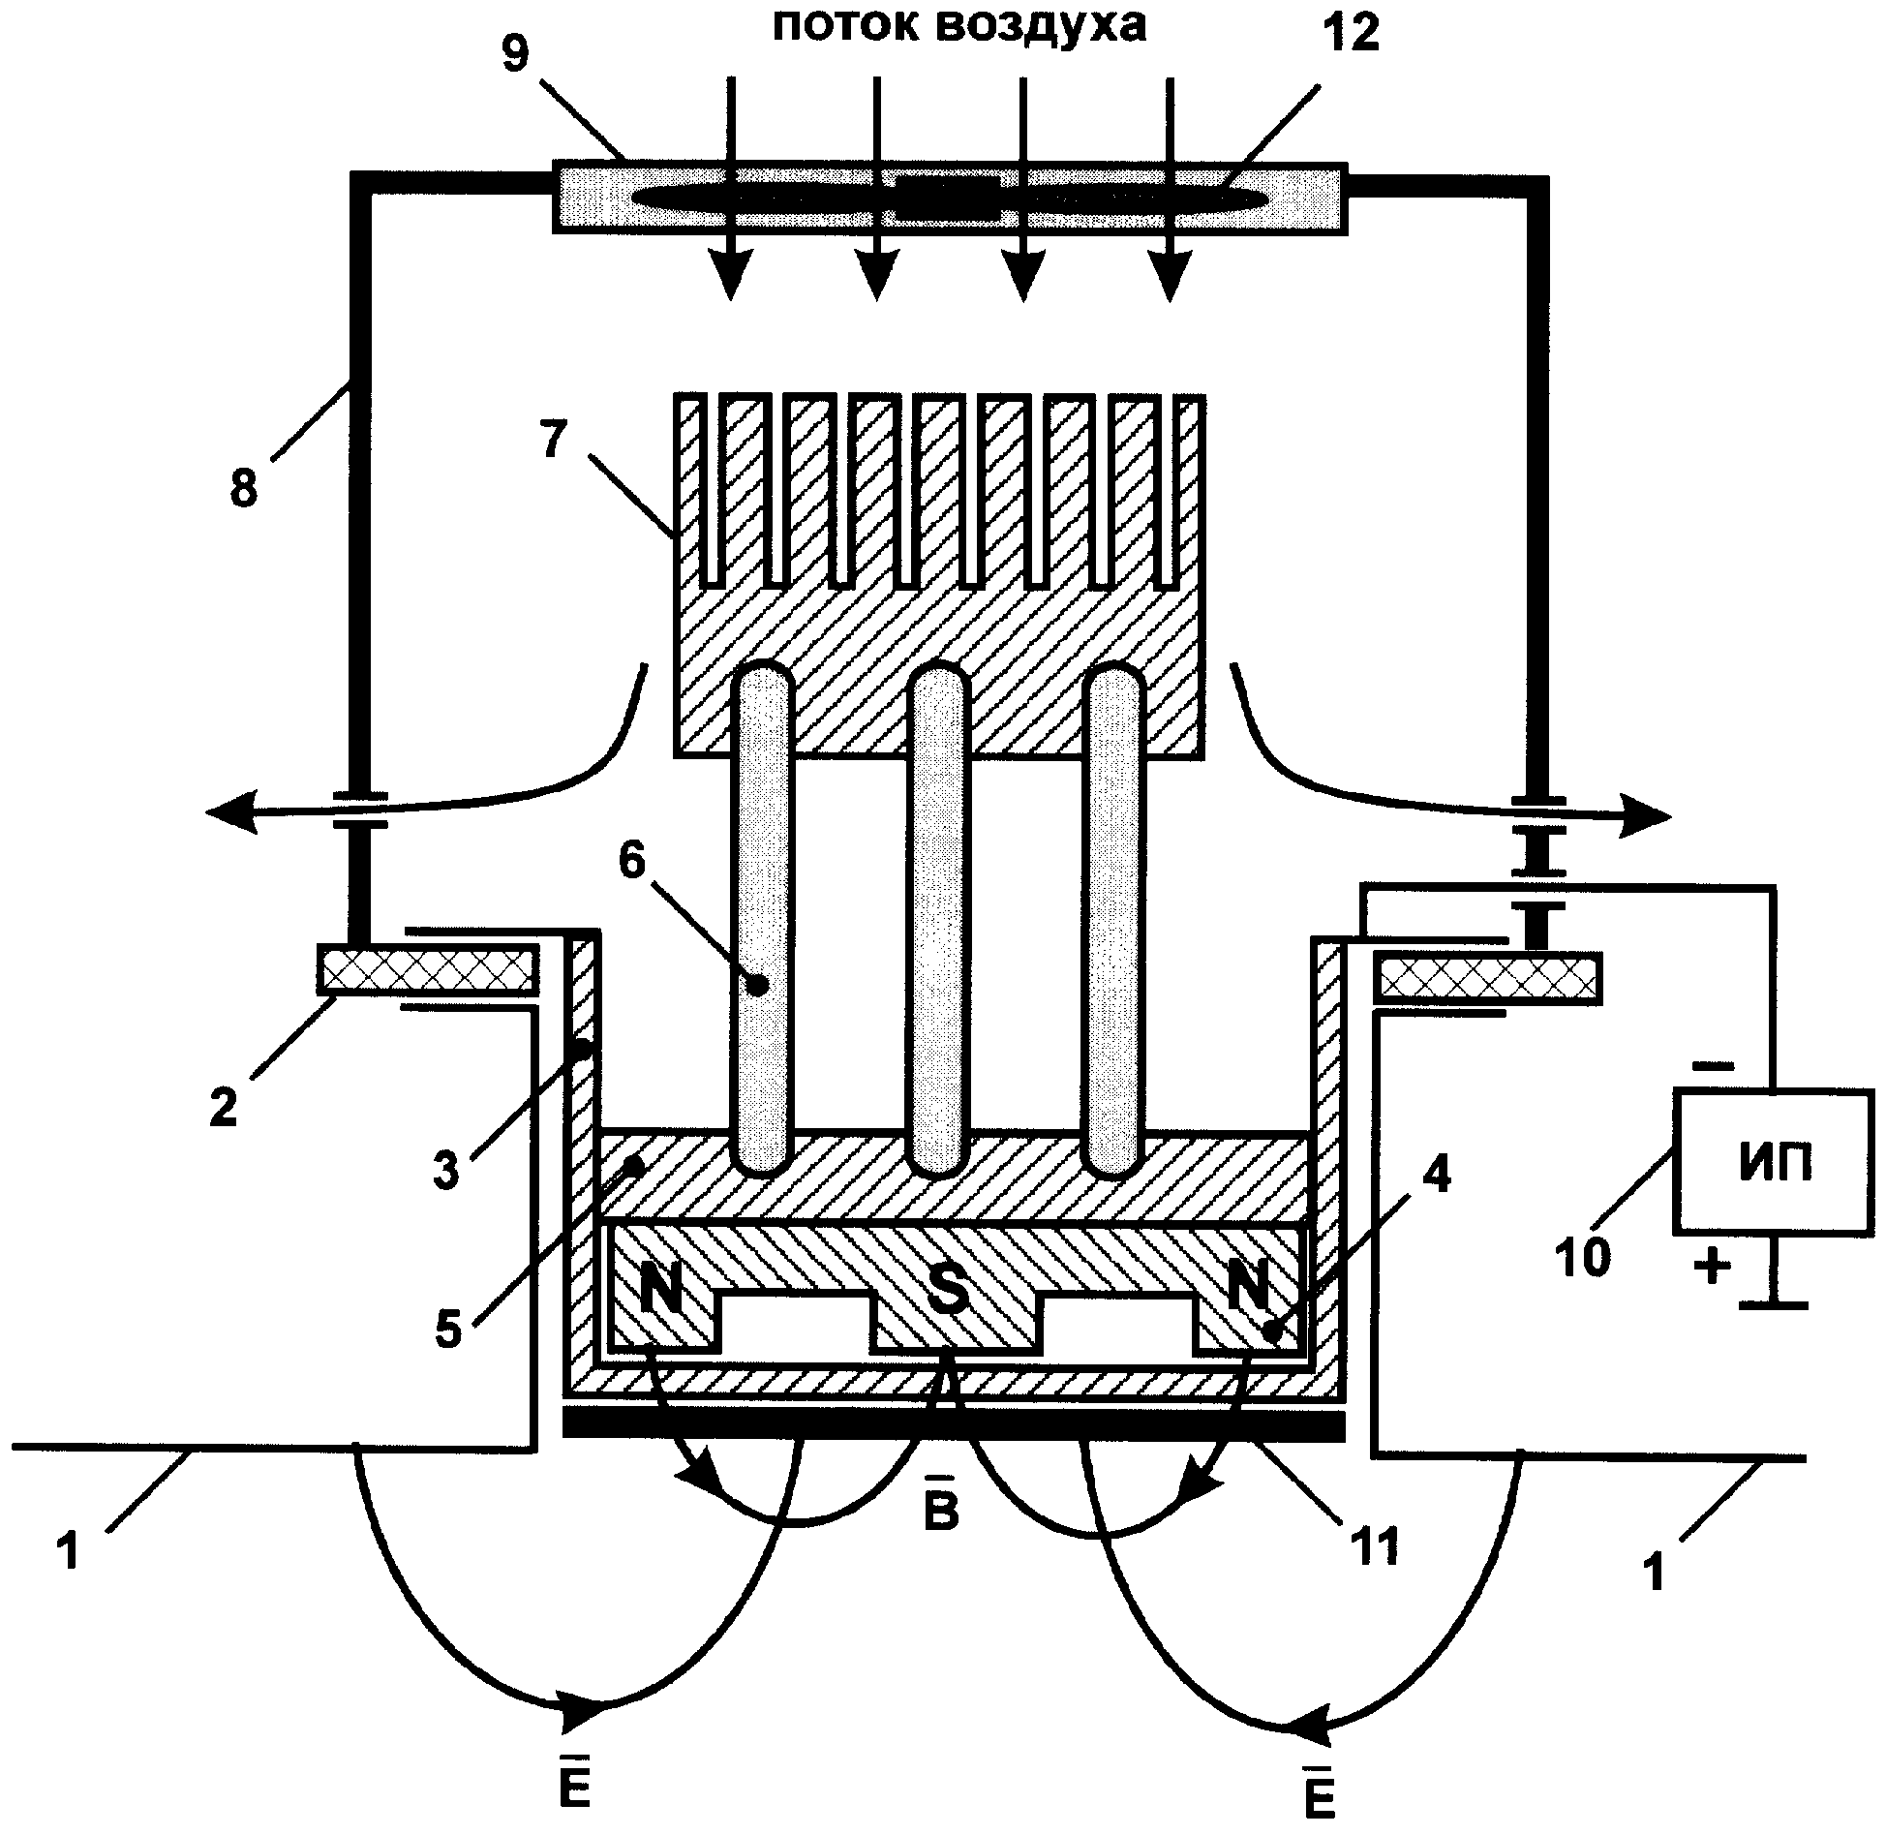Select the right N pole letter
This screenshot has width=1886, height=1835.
click(1249, 1289)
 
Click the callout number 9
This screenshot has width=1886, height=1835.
click(516, 54)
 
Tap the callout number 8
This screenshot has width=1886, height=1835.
click(244, 489)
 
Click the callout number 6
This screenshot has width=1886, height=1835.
click(631, 860)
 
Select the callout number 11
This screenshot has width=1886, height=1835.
click(1375, 1548)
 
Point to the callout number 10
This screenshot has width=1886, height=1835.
click(1585, 1258)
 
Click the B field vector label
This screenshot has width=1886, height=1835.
click(941, 1512)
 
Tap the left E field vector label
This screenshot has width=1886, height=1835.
click(575, 1785)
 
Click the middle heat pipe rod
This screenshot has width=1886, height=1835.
click(936, 920)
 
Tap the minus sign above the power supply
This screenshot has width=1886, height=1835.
click(1713, 1067)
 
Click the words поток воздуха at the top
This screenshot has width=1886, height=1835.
click(958, 27)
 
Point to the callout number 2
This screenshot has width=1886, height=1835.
click(223, 1106)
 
